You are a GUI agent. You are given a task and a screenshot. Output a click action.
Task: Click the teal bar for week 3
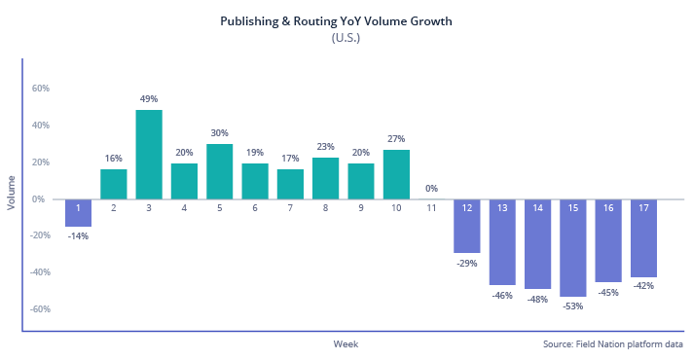(x=149, y=154)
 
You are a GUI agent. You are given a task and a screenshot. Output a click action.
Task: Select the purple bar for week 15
(x=573, y=247)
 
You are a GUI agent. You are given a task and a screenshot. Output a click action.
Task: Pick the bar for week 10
(x=396, y=174)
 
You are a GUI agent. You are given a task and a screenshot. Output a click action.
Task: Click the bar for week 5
(x=220, y=171)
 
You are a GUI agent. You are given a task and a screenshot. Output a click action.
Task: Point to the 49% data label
(x=149, y=99)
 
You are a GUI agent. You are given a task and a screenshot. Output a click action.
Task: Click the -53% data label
(x=573, y=307)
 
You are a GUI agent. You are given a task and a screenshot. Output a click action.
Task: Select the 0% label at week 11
(x=431, y=189)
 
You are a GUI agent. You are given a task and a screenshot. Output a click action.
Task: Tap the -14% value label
(x=79, y=236)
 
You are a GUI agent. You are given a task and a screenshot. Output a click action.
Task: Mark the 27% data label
(x=396, y=139)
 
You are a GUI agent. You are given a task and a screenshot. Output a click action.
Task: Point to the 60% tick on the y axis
(x=41, y=89)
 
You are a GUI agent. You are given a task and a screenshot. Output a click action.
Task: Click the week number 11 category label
(x=431, y=207)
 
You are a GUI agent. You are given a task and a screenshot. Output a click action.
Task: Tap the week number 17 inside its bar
(x=643, y=207)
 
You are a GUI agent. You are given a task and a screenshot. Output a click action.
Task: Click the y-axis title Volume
(x=12, y=192)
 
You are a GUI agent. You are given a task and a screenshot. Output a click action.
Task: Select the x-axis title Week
(x=346, y=344)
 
